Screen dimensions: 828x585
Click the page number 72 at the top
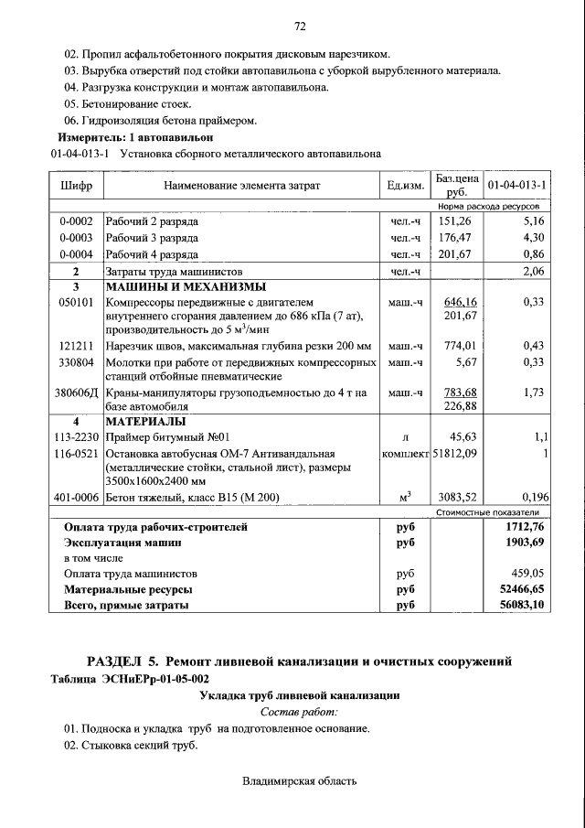tap(298, 25)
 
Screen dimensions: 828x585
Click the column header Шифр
tap(76, 185)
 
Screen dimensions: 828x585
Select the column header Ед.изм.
tap(405, 185)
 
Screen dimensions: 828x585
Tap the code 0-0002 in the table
tap(76, 221)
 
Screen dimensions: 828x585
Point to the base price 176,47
tap(456, 238)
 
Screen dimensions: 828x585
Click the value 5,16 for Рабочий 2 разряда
tap(533, 221)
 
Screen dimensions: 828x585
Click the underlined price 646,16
tap(460, 302)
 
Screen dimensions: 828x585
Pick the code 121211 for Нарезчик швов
tap(76, 346)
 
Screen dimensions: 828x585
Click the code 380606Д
tap(77, 392)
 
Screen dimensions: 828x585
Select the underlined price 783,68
tap(460, 392)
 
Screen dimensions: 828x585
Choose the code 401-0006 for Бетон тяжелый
tap(77, 498)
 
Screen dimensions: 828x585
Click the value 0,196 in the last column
tap(531, 498)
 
